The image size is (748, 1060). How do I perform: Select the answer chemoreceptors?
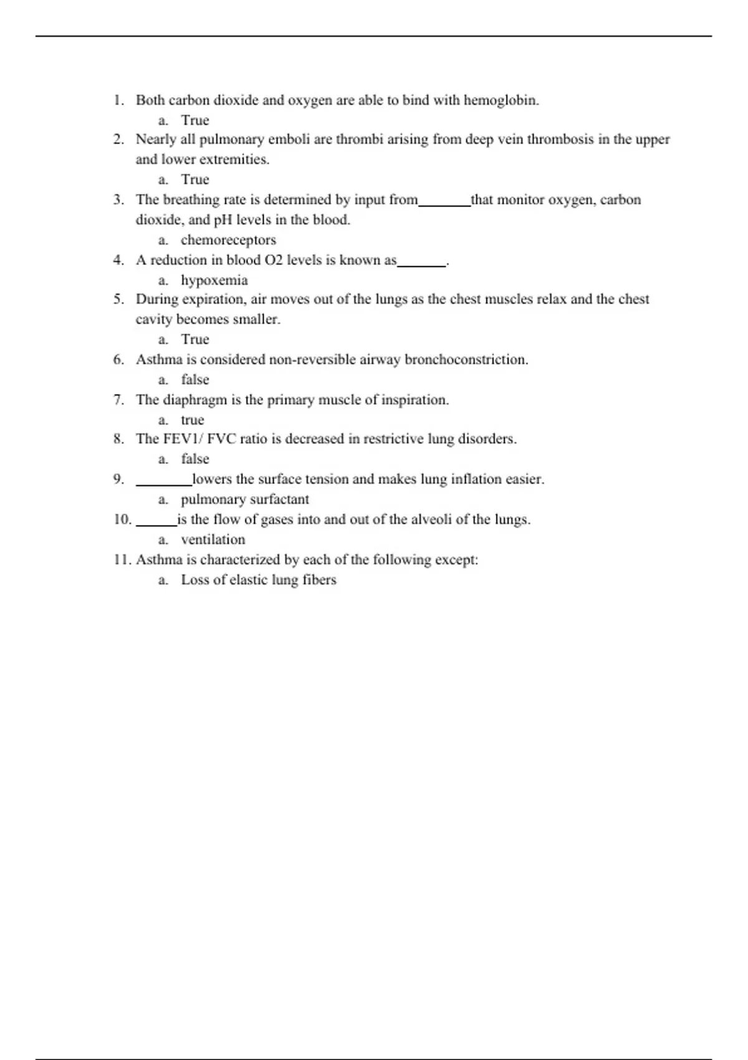pyautogui.click(x=228, y=240)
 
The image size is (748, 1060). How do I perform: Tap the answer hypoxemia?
pyautogui.click(x=214, y=280)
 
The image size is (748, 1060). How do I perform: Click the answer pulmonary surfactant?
pyautogui.click(x=245, y=499)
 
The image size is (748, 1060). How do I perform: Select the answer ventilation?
pyautogui.click(x=213, y=539)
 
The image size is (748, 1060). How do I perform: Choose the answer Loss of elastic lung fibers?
pyautogui.click(x=259, y=580)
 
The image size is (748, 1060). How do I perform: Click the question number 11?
pyautogui.click(x=122, y=560)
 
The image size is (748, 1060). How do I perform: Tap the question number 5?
pyautogui.click(x=118, y=299)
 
